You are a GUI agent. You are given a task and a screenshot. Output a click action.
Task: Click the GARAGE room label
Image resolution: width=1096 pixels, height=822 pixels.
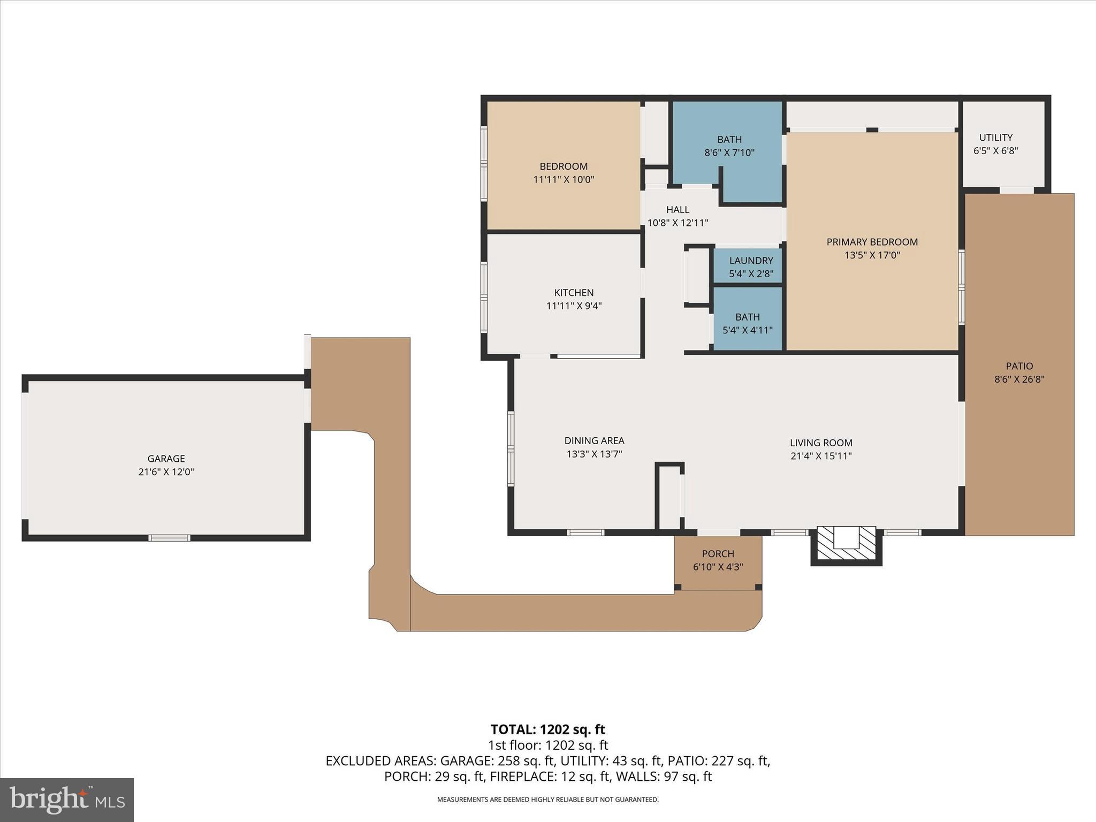coord(166,459)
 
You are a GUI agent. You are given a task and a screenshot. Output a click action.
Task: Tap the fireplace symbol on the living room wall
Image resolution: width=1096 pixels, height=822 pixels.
coord(846,544)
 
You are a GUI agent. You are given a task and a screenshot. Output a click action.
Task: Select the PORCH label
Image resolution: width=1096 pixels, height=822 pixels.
coord(718,554)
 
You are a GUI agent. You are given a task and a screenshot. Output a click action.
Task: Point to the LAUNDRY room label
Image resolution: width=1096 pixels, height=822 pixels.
coord(751,261)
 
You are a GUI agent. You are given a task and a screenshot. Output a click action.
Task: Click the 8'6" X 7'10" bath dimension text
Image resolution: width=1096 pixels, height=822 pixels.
coord(729,153)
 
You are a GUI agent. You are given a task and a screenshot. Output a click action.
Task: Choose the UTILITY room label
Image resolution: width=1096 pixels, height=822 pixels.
coord(995,138)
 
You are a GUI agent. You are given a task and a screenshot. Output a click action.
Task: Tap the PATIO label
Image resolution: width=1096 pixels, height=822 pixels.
coord(1019,366)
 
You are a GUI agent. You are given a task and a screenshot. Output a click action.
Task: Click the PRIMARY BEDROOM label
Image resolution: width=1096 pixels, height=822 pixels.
coord(872,242)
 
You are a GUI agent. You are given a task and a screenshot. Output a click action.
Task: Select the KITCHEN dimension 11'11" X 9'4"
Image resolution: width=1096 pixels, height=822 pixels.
coord(574,306)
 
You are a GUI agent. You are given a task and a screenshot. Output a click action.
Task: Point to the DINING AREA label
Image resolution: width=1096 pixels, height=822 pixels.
coord(594,440)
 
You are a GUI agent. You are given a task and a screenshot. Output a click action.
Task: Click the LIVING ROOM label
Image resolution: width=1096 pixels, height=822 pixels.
coord(821,443)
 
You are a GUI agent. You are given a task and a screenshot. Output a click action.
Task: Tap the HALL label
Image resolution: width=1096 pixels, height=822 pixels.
coord(678,210)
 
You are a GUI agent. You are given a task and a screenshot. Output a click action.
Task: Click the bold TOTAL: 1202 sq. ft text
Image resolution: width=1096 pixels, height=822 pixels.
coord(547,729)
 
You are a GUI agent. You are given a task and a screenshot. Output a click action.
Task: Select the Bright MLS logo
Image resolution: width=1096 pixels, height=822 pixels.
coord(67,800)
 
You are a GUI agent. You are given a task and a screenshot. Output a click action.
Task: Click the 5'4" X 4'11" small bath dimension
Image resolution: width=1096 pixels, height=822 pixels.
coord(747,330)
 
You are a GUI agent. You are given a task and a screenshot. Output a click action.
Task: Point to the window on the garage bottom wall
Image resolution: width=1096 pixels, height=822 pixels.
coord(169,537)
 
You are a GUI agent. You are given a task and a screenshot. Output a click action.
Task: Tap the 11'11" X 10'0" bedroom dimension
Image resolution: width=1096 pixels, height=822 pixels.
coord(564,180)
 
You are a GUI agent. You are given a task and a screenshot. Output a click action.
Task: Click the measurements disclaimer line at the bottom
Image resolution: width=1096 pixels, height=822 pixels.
coord(547,800)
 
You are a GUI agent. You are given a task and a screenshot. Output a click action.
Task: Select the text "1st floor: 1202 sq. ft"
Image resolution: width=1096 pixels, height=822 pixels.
coord(547,745)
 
